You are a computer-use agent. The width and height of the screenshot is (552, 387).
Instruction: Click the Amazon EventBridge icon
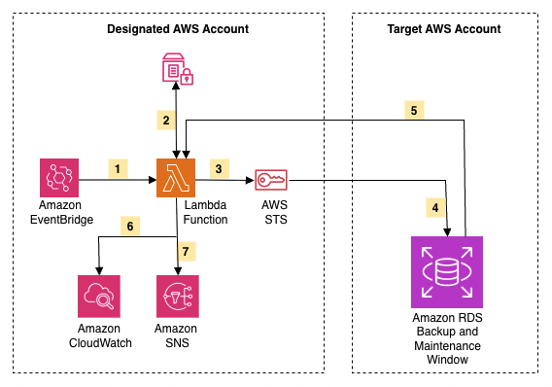coord(59,179)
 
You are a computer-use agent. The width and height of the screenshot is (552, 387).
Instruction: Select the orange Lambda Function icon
coord(176,179)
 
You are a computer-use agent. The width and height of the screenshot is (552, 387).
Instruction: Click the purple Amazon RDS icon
coord(446,271)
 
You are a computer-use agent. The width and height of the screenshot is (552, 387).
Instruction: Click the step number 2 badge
coord(166,121)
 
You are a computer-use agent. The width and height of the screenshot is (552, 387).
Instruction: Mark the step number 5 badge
coord(413,110)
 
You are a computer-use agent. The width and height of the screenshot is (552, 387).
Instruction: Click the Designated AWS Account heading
coord(177,29)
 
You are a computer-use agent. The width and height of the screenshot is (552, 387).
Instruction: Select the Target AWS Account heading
coord(443,29)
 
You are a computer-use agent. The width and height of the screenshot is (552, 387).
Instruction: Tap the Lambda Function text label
coord(205,213)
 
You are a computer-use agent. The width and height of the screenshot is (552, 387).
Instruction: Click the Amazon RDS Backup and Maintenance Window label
coord(446,339)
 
